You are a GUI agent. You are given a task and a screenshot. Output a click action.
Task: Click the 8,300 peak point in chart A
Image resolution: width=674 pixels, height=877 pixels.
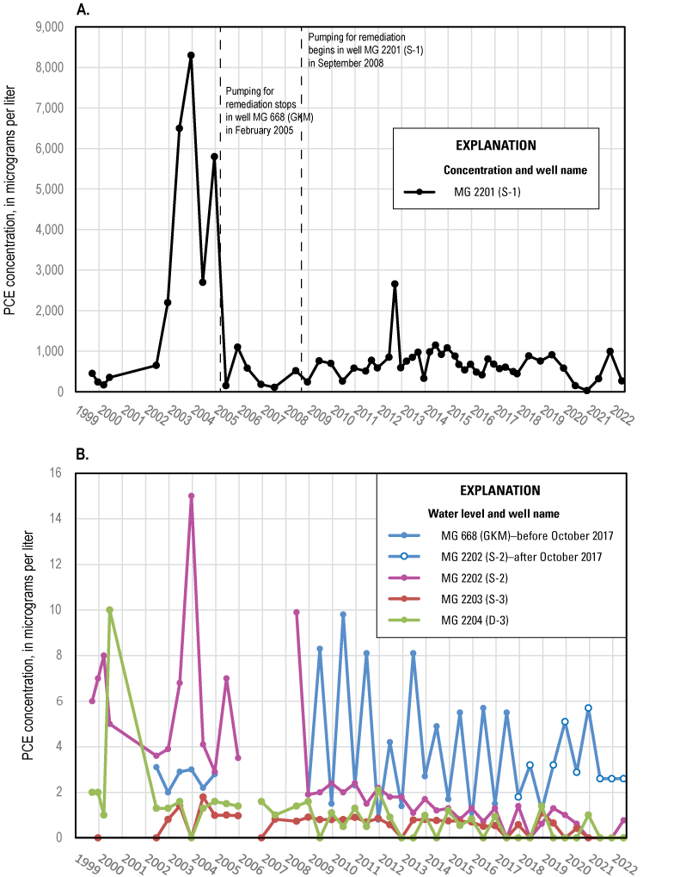pyautogui.click(x=191, y=55)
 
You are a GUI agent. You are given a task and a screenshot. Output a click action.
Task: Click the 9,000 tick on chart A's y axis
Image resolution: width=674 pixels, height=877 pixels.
pyautogui.click(x=47, y=27)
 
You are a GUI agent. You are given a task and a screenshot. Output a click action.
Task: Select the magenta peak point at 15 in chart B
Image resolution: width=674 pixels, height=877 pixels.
pyautogui.click(x=191, y=496)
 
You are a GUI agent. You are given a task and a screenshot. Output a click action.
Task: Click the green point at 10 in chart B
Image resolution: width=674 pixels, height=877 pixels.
pyautogui.click(x=109, y=610)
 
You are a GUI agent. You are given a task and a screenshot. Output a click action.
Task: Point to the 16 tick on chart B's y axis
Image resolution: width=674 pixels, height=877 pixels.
pyautogui.click(x=58, y=472)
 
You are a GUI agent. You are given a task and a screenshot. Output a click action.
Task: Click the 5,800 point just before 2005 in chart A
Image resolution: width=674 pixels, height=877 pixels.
pyautogui.click(x=214, y=157)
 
